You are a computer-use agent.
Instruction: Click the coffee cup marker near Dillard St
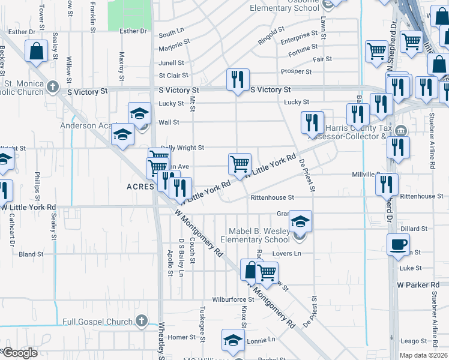point(399,245)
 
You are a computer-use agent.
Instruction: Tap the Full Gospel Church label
point(97,322)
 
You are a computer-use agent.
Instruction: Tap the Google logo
point(19,353)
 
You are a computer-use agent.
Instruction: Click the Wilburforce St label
point(233,299)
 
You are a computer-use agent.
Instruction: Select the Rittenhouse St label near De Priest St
point(272,197)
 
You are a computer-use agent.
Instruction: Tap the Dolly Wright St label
point(182,148)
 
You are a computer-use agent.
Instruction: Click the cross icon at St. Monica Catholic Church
point(53,87)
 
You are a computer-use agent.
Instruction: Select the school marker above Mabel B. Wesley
point(300,221)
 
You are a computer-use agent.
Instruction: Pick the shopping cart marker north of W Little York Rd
point(240,163)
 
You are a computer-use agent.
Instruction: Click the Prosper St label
point(296,71)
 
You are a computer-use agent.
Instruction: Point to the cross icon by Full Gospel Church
point(141,321)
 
